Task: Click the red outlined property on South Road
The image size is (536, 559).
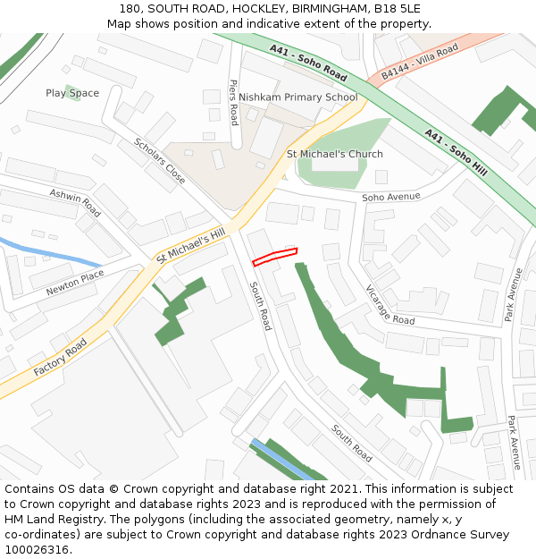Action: coord(274,257)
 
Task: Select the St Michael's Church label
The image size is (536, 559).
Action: coord(334,154)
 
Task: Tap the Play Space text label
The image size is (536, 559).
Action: coord(72,93)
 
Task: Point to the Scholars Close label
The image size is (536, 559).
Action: coord(160,161)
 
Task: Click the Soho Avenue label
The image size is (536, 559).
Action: coord(390,197)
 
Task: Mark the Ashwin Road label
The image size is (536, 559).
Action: coord(75,203)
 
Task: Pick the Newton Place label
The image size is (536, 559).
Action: coord(75,284)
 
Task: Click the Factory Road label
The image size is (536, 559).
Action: coord(61,358)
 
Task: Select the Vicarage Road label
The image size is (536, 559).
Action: coord(389,305)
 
